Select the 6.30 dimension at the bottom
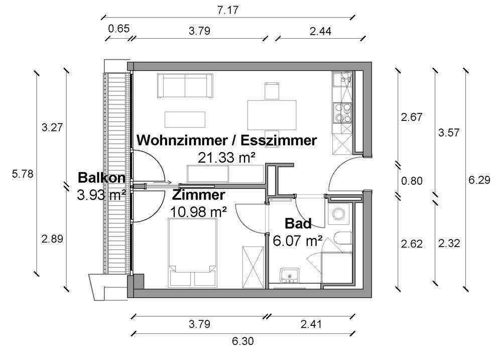pyautogui.click(x=242, y=342)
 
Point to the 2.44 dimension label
pyautogui.click(x=320, y=31)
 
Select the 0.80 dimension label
pyautogui.click(x=412, y=181)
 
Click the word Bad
pyautogui.click(x=298, y=223)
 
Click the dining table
pyautogui.click(x=272, y=114)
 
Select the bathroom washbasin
pyautogui.click(x=290, y=275)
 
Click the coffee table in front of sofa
pyautogui.click(x=185, y=119)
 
